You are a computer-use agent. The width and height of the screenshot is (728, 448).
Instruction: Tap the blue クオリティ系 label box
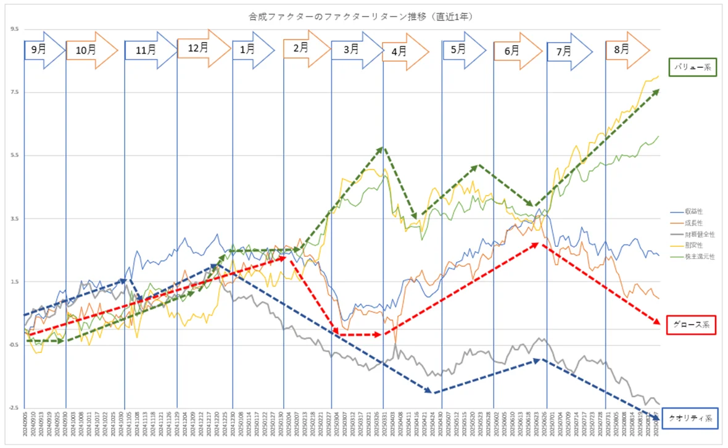tap(690, 418)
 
